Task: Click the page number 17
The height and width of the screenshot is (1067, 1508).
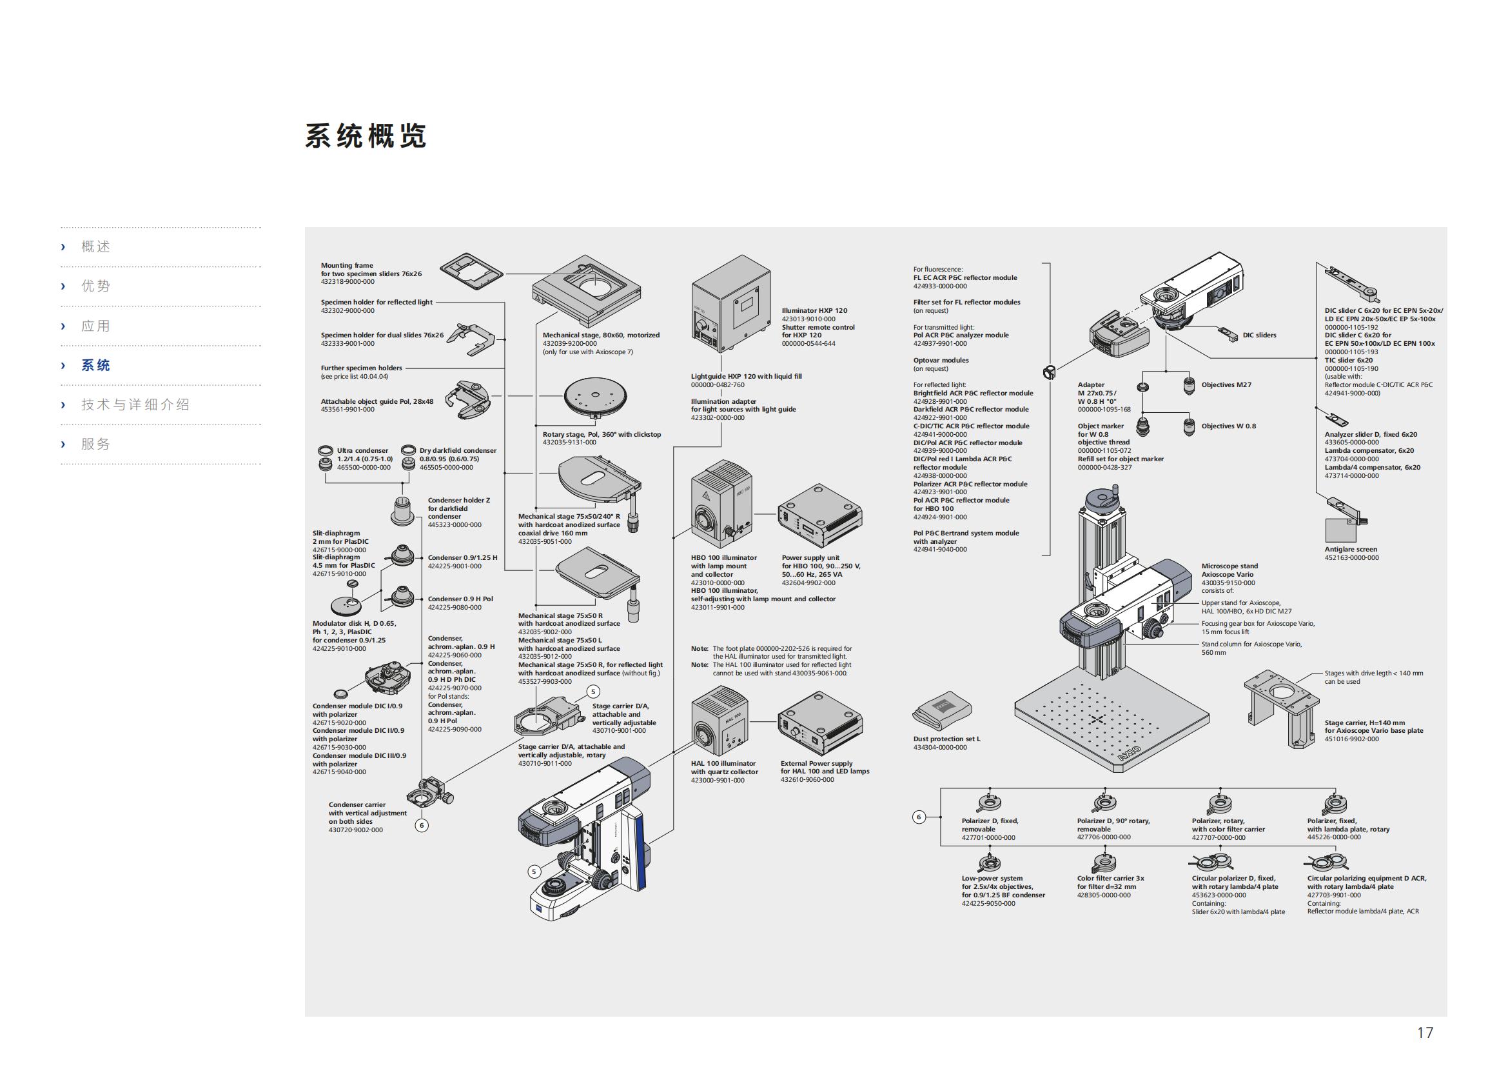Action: pos(1425,1032)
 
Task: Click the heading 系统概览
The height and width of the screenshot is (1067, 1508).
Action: pos(365,136)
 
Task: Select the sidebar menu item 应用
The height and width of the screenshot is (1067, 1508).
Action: pos(95,326)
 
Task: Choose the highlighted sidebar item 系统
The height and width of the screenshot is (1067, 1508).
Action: pos(95,365)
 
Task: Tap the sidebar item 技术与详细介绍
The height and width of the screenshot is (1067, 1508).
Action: pos(135,404)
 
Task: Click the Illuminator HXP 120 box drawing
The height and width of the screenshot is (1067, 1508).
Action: pos(730,312)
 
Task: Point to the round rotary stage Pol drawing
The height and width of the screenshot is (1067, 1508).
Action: pos(595,396)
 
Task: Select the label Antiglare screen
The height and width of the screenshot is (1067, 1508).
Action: pos(1351,549)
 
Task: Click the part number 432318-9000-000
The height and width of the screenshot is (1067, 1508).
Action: pos(348,282)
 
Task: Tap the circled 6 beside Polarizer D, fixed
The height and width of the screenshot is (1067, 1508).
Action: pos(919,817)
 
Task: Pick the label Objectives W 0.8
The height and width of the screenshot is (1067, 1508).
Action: pos(1228,426)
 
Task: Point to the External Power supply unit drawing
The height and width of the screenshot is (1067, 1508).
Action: pos(819,723)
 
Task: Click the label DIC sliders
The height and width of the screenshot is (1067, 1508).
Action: pos(1259,335)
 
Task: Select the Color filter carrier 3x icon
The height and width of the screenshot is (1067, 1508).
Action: pos(1104,862)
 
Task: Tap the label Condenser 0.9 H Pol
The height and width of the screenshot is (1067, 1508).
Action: pos(460,599)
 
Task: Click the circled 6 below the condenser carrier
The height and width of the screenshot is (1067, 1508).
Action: pos(422,825)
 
